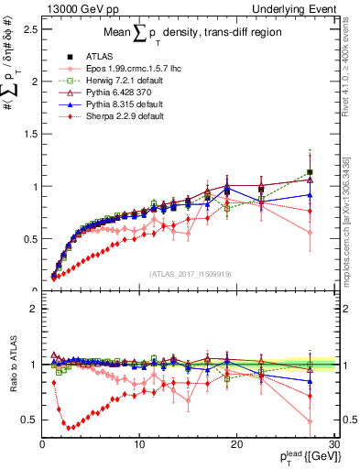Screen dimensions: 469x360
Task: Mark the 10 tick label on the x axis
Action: [139, 444]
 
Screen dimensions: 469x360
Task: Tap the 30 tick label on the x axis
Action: [334, 444]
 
